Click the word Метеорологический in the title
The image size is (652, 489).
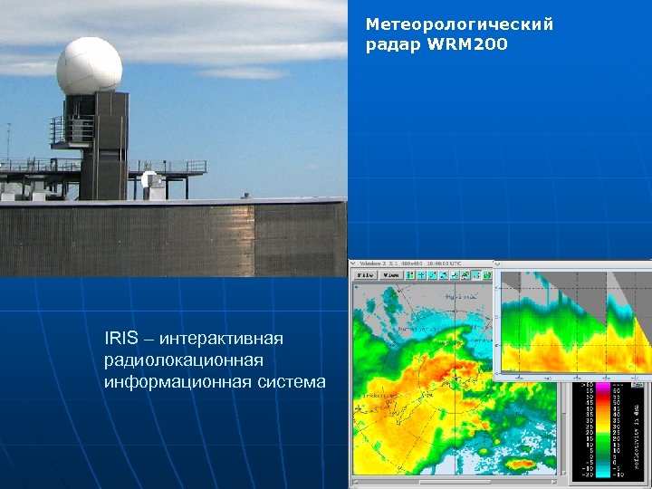click(459, 24)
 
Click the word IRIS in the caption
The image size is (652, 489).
click(121, 339)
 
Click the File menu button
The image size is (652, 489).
click(366, 273)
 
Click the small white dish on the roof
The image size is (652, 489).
click(150, 181)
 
